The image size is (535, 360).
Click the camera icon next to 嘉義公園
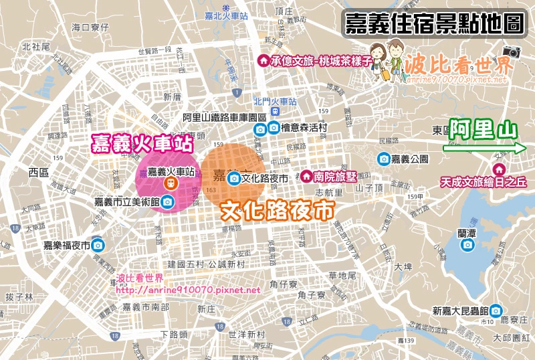click(x=384, y=159)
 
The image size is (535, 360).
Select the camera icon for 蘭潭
click(x=467, y=245)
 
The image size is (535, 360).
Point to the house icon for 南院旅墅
click(x=306, y=176)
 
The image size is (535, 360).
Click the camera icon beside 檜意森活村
click(x=274, y=128)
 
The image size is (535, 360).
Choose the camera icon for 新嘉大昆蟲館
click(x=495, y=310)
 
